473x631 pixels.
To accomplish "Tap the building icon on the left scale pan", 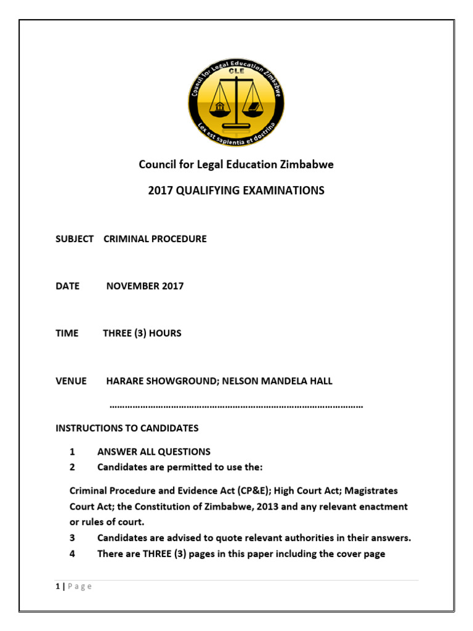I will click(x=219, y=109).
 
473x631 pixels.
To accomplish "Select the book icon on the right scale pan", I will click(x=253, y=109).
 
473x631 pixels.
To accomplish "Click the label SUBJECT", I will click(x=75, y=239).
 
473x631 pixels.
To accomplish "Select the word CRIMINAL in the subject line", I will click(x=126, y=239).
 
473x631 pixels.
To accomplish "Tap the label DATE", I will click(x=68, y=287).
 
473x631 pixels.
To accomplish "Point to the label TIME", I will click(x=67, y=333).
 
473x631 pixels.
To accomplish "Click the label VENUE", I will click(x=71, y=381).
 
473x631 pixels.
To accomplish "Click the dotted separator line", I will click(x=236, y=407).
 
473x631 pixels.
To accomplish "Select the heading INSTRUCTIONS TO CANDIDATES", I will click(x=127, y=428).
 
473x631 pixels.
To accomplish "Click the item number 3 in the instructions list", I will click(x=72, y=538).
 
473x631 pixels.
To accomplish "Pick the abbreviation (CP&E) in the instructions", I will click(x=248, y=491).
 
